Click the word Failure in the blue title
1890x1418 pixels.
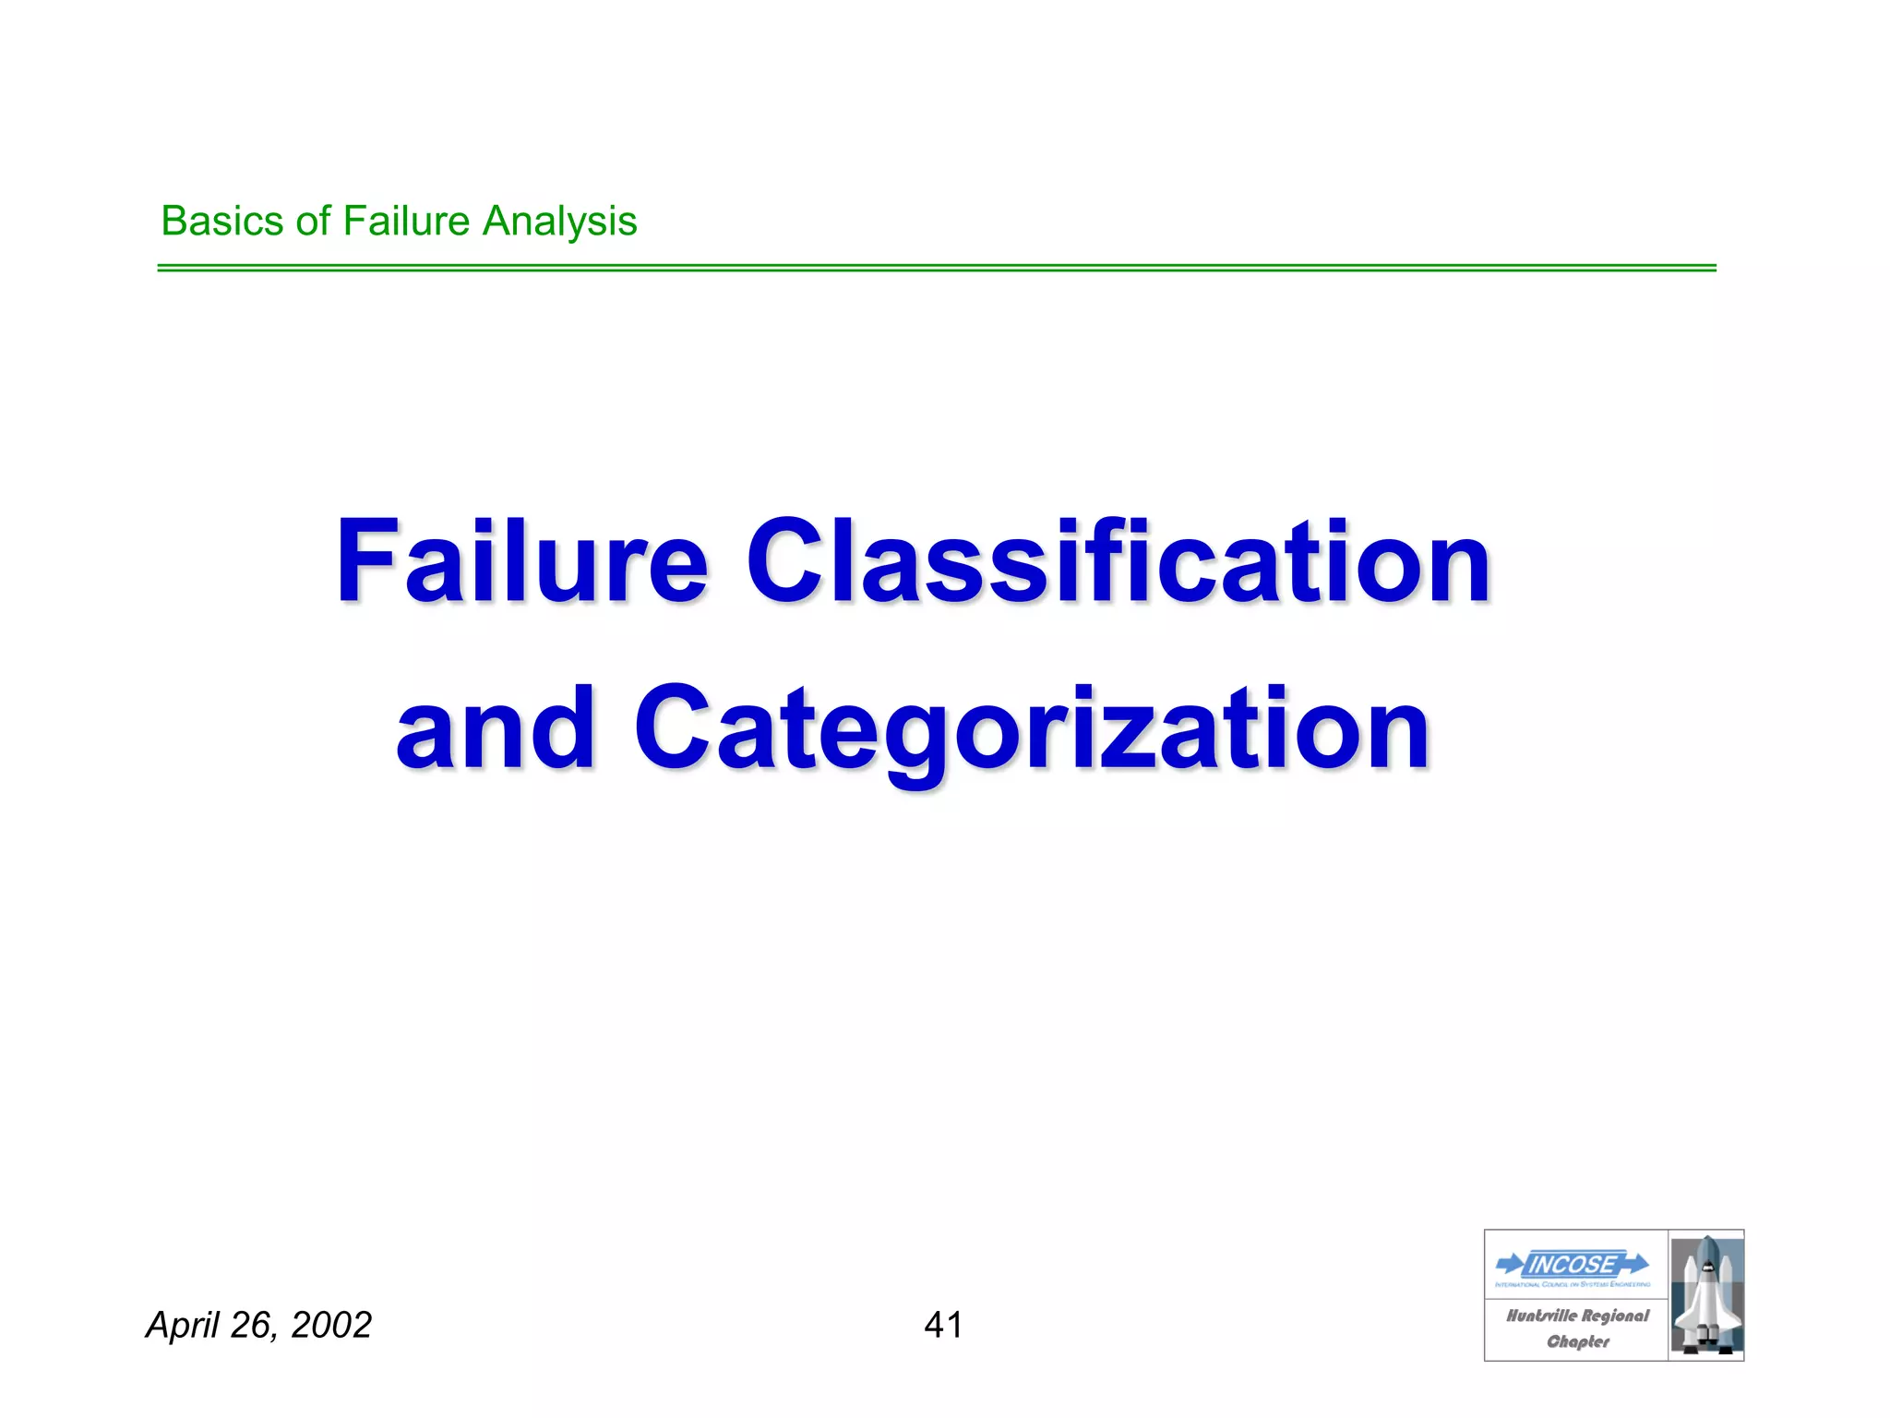[x=522, y=562]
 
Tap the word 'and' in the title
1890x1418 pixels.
[x=496, y=728]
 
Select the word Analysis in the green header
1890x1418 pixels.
[x=560, y=222]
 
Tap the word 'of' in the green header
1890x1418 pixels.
[x=313, y=222]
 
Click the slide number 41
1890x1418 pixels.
[x=943, y=1325]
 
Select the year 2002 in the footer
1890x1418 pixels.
[x=330, y=1325]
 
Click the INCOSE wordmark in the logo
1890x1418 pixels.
[x=1573, y=1264]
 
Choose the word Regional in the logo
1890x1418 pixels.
[x=1615, y=1316]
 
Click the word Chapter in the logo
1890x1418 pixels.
[x=1578, y=1341]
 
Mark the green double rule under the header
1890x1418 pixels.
[x=936, y=268]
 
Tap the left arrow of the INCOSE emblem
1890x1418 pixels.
[x=1510, y=1263]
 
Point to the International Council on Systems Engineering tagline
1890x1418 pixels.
[x=1573, y=1284]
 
